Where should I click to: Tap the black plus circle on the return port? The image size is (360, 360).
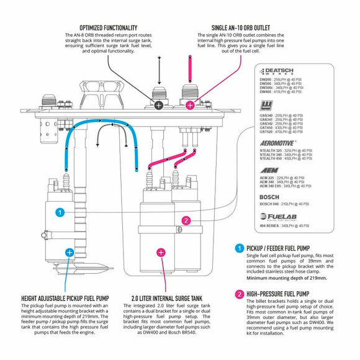tap(159, 105)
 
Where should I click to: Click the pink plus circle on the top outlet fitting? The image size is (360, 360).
tap(190, 105)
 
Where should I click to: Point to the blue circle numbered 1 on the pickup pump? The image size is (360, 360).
tap(60, 212)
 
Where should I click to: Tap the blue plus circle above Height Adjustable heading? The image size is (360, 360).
tap(69, 252)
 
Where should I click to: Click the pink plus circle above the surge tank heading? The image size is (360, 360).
tap(161, 252)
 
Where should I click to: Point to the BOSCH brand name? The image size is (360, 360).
tap(269, 196)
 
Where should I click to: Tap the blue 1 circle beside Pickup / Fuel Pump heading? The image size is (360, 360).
tap(240, 248)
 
